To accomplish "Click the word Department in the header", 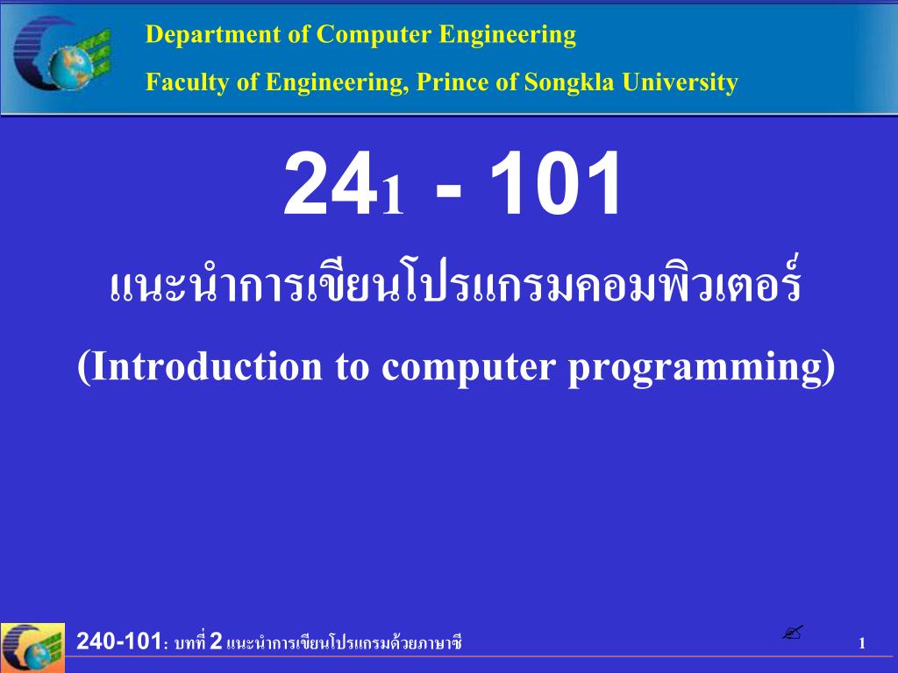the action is (x=213, y=35).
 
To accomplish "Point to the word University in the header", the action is (x=680, y=81).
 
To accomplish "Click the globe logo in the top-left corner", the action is (x=62, y=53).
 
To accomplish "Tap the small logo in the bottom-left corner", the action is (x=32, y=648).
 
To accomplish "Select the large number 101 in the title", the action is (x=555, y=183).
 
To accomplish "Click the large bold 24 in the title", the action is (x=331, y=183).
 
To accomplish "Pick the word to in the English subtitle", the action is (x=352, y=367).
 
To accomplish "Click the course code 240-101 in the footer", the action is (x=118, y=641).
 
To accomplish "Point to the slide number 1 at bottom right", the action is (x=862, y=643).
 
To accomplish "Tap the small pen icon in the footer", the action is (x=793, y=633).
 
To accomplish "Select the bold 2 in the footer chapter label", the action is (x=216, y=641).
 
